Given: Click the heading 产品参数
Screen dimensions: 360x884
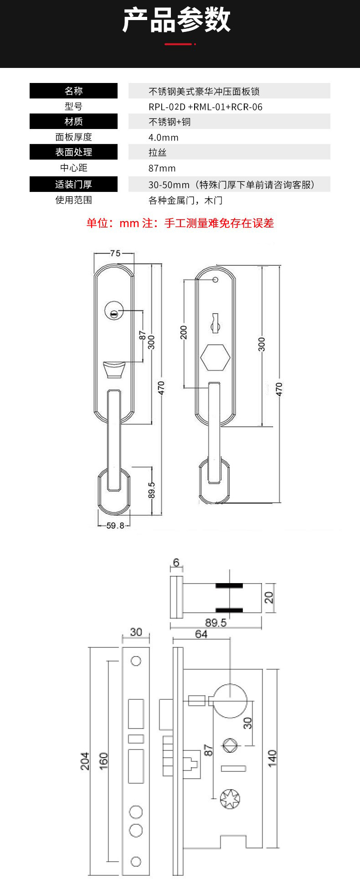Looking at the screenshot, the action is point(177,20).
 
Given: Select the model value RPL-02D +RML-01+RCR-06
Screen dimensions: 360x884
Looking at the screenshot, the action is point(206,107).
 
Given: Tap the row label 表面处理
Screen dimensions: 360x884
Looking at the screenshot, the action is point(74,152).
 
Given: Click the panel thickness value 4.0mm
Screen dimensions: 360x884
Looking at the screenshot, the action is point(163,138).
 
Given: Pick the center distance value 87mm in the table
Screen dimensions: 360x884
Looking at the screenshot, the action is point(162,168).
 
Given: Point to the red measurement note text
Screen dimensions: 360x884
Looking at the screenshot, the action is point(180,223).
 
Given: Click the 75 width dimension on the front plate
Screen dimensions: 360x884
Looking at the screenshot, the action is point(115,253).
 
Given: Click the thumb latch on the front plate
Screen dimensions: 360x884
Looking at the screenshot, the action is point(114,370).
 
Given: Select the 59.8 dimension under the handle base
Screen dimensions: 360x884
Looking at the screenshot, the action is point(115,525).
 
